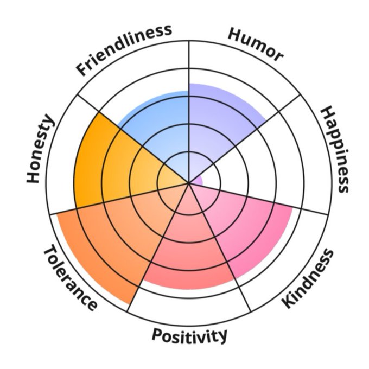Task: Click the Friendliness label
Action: click(x=124, y=49)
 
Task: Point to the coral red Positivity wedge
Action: click(x=187, y=255)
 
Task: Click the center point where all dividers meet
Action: click(x=189, y=183)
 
